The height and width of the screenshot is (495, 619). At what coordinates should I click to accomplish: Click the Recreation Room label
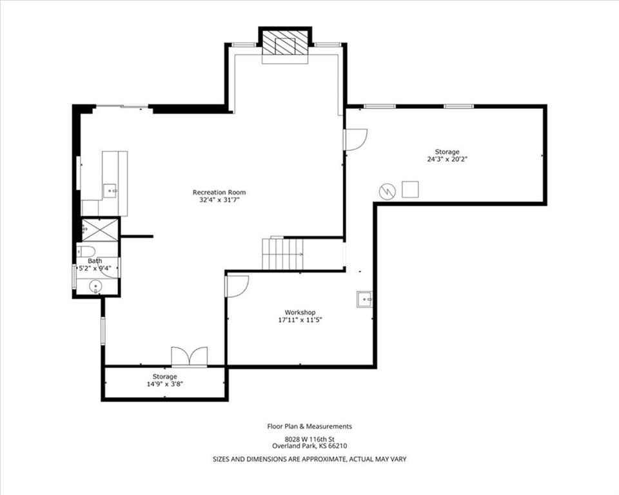tap(219, 193)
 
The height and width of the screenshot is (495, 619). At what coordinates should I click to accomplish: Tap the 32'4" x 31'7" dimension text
tap(219, 200)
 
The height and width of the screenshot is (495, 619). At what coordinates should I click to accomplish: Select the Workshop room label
tap(300, 313)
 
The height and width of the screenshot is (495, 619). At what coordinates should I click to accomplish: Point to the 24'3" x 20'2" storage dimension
tap(447, 159)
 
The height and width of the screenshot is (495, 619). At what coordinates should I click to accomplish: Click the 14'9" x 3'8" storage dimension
tap(164, 383)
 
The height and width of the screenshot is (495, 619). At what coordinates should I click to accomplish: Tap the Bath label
tap(95, 261)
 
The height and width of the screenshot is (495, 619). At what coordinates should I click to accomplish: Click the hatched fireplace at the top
tap(285, 43)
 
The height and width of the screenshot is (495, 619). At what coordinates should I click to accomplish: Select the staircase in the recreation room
tap(282, 253)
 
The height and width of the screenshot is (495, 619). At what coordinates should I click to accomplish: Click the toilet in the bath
tap(86, 251)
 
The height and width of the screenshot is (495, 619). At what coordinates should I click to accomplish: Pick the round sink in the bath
tap(95, 286)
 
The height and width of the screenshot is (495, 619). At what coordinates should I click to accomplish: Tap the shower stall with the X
tap(101, 229)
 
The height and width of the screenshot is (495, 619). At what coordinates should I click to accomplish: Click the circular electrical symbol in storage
tap(388, 191)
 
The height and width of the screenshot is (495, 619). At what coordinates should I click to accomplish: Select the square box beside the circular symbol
tap(410, 189)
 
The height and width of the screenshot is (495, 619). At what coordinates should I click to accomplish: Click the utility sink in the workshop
tap(364, 299)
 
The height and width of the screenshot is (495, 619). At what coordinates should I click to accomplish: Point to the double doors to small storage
tap(189, 356)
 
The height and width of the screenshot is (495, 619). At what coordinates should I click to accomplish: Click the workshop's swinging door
tap(236, 286)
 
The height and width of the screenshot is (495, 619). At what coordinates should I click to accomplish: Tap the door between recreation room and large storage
tap(355, 139)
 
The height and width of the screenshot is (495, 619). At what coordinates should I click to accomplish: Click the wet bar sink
tap(110, 191)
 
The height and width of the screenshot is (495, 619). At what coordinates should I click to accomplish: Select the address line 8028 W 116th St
tap(310, 439)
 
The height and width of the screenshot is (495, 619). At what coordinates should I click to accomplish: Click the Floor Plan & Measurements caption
tap(309, 426)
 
